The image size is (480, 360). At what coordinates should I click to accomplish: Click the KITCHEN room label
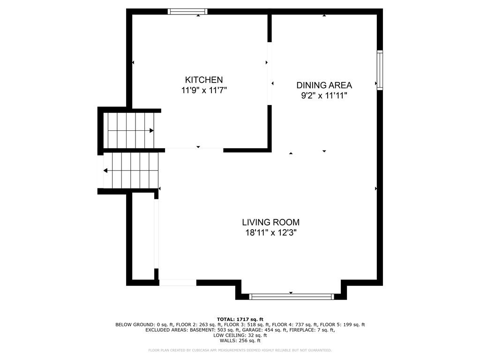(204, 80)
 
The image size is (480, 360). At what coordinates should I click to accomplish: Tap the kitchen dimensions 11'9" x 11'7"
(204, 90)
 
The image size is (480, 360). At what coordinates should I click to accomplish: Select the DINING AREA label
(324, 85)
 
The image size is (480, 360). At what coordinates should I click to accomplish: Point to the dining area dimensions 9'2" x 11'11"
(324, 96)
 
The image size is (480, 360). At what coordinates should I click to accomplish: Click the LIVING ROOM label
(271, 222)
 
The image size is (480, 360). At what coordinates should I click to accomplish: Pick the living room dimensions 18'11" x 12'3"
(271, 233)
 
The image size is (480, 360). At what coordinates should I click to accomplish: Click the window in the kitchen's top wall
(187, 12)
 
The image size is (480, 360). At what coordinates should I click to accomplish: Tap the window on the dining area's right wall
(380, 70)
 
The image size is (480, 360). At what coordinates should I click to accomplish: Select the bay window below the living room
(291, 296)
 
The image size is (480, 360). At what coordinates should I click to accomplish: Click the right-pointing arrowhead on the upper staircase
(151, 131)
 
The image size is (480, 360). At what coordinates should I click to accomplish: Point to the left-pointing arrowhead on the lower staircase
(105, 171)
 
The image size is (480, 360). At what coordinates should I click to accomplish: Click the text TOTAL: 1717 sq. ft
(240, 319)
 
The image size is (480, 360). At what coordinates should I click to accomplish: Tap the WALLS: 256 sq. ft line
(240, 340)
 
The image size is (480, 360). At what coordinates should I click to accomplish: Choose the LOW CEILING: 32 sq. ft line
(240, 335)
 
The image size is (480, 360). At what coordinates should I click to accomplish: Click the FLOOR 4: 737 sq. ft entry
(295, 324)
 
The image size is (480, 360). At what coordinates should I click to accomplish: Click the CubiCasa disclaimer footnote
(240, 350)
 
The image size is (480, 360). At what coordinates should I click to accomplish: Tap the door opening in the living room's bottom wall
(178, 283)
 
